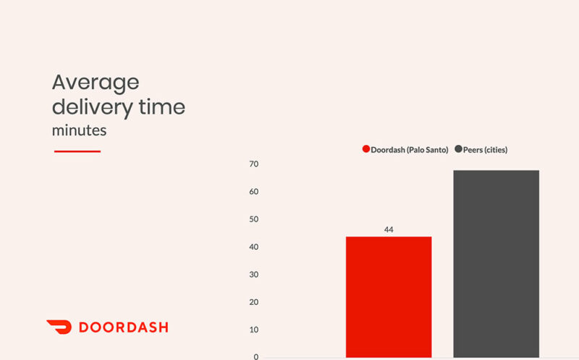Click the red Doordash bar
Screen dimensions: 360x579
point(389,296)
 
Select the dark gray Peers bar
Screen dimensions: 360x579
point(496,264)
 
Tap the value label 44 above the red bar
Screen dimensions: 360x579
point(389,230)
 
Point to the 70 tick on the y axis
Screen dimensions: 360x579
point(254,164)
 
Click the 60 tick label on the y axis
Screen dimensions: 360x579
point(254,192)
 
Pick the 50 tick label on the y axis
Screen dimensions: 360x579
point(254,219)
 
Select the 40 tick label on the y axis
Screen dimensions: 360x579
point(254,247)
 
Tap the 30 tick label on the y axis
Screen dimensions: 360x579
point(254,275)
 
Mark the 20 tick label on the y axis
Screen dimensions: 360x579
point(254,302)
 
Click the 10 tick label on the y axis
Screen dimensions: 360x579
point(254,330)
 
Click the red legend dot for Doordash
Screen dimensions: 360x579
point(366,149)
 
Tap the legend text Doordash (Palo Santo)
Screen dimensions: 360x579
point(410,150)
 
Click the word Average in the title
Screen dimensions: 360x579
point(95,82)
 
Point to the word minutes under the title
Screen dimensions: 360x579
point(79,131)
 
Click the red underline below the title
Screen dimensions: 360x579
point(77,151)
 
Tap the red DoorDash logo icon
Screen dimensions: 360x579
point(59,327)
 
